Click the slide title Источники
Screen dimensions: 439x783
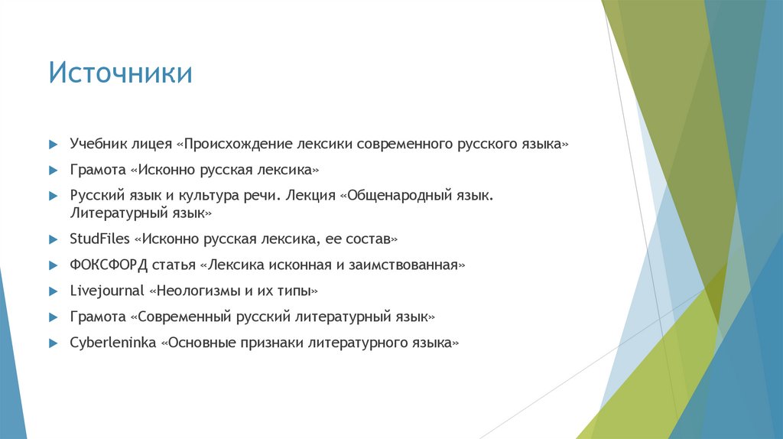[120, 74]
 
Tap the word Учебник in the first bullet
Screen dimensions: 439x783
[97, 144]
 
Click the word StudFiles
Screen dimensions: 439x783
[99, 239]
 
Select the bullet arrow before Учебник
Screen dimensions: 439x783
[52, 145]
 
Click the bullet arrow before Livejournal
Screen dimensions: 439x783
[52, 292]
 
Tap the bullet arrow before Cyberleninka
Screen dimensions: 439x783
[52, 343]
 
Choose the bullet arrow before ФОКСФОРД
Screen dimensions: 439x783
[52, 266]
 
